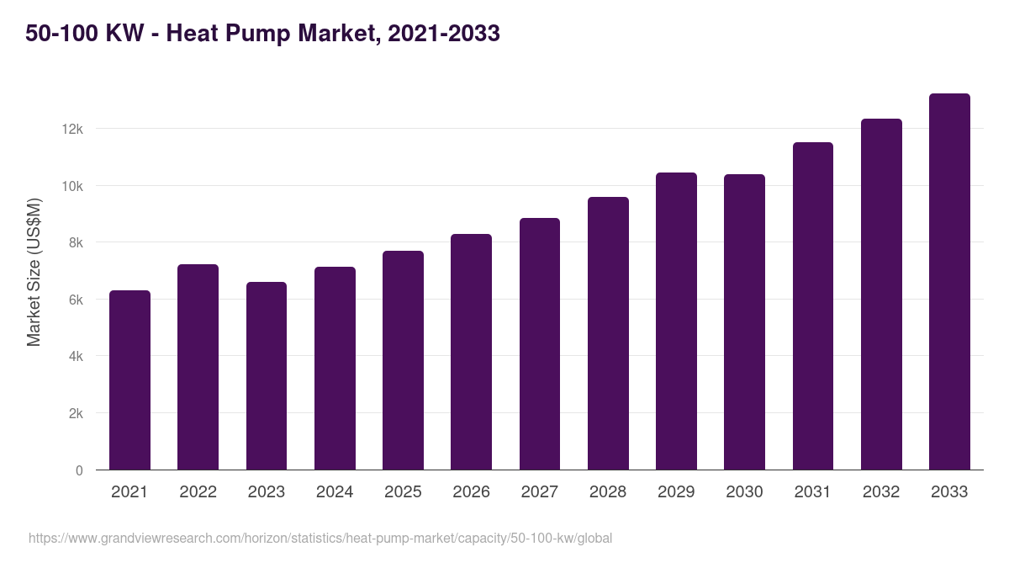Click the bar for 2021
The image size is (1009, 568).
coord(129,380)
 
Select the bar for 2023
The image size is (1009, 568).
coord(266,376)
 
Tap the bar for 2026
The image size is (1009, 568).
coord(471,352)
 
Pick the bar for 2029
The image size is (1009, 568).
coord(676,321)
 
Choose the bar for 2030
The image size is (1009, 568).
coord(744,322)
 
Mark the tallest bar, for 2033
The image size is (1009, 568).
coord(949,282)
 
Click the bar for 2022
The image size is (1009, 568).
coord(198,367)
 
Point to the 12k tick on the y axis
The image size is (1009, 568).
coord(71,129)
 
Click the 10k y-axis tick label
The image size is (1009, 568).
coord(71,186)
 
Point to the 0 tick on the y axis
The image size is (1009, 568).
coord(79,470)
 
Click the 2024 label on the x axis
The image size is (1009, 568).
coord(335,492)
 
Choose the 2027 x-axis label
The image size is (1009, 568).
coord(539,492)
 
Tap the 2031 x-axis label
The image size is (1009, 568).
coord(812,492)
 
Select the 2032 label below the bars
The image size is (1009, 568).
coord(881,492)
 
